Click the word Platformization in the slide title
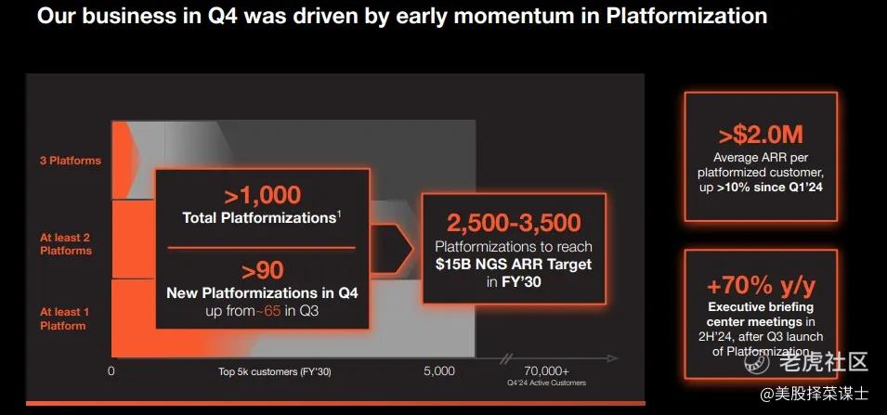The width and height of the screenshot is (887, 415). (x=685, y=17)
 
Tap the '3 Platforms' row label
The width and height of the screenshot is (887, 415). (x=71, y=161)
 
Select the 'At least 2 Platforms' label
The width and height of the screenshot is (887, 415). (x=65, y=243)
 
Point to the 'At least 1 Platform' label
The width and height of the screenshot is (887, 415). (x=64, y=318)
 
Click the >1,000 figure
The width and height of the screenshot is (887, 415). (x=263, y=195)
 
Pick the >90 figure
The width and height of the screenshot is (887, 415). (x=263, y=271)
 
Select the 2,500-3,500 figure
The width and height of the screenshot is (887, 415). (x=514, y=223)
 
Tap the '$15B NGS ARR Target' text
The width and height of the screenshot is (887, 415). (x=514, y=264)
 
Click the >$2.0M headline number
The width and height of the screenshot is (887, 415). (x=761, y=136)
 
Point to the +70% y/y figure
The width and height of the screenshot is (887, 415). (x=761, y=287)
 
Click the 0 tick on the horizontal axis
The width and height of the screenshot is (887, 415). (x=111, y=371)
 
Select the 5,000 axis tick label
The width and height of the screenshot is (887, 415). (x=439, y=370)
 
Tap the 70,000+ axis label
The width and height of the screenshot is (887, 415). (x=546, y=370)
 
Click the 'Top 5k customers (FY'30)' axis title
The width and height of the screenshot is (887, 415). (x=275, y=371)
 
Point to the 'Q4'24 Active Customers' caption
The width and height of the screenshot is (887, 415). (x=546, y=383)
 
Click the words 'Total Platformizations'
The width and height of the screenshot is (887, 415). (x=259, y=217)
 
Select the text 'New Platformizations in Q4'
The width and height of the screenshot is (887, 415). (x=263, y=292)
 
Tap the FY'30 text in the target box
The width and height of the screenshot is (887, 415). (x=520, y=281)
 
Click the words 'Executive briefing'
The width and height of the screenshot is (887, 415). (x=761, y=307)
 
